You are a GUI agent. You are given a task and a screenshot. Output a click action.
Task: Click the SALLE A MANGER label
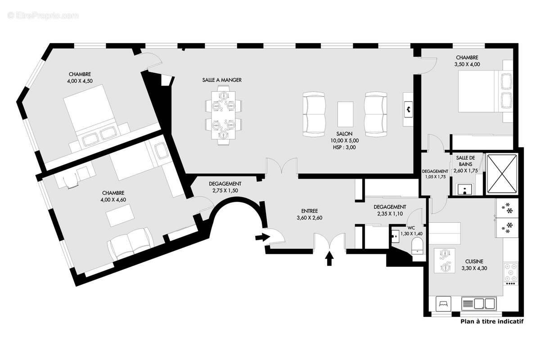point(222,80)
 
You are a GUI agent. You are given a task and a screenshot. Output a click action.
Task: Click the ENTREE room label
point(310,211)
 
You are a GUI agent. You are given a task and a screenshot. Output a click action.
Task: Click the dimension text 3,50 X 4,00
point(467,64)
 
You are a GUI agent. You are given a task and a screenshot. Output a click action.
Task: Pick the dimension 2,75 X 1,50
point(225,190)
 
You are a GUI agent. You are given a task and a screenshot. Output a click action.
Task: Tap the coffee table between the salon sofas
point(345,114)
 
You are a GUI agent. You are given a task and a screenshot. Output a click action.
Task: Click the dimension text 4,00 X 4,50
point(80,81)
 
